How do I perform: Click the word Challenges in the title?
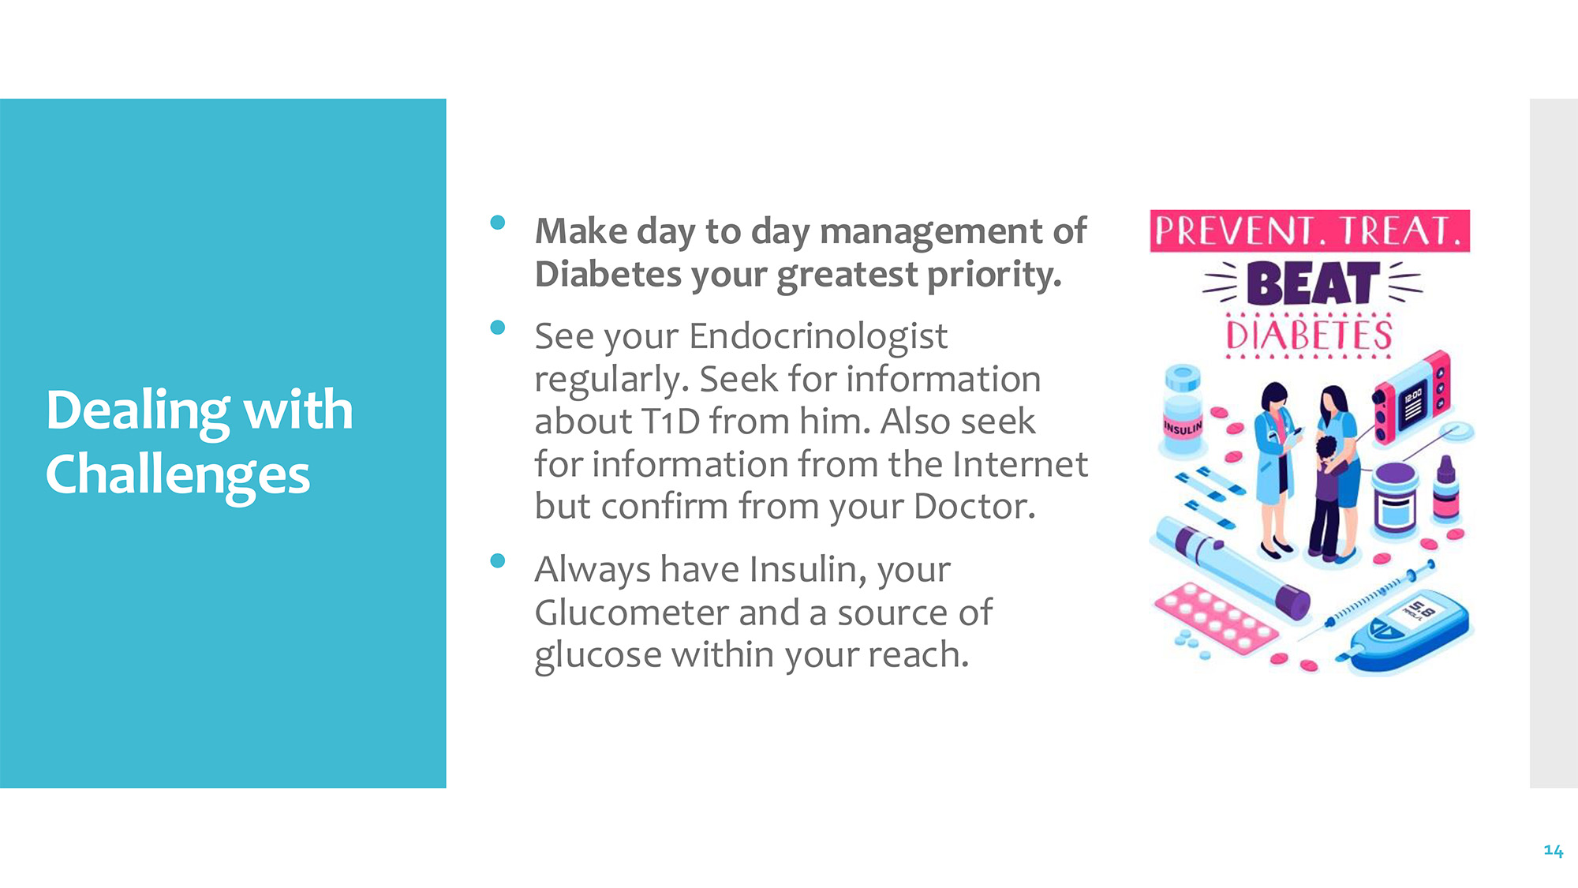(x=178, y=475)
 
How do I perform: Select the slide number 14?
(x=1553, y=850)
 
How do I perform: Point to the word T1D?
(x=671, y=422)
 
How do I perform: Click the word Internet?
(x=1020, y=464)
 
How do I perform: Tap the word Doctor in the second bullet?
(x=974, y=507)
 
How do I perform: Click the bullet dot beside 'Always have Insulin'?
(x=497, y=560)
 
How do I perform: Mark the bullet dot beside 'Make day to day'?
(x=497, y=223)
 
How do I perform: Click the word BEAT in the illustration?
(x=1312, y=284)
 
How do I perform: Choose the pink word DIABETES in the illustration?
(x=1310, y=335)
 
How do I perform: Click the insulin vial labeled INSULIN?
(x=1182, y=410)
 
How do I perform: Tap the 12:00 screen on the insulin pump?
(x=1413, y=403)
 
